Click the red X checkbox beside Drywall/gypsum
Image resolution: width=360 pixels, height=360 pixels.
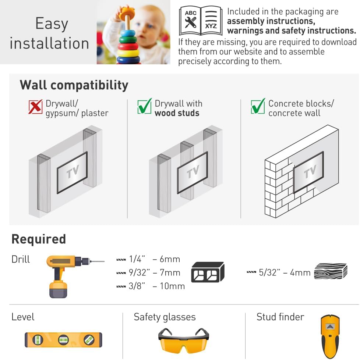click(x=36, y=107)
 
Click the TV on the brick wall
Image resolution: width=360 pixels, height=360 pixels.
click(x=308, y=172)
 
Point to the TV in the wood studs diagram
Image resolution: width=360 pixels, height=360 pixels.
click(x=192, y=172)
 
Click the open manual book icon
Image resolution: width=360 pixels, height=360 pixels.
click(x=201, y=21)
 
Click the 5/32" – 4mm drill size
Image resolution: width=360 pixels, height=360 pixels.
click(x=279, y=273)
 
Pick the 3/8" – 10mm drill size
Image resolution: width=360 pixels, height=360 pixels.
click(x=151, y=286)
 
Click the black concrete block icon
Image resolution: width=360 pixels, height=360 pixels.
click(x=208, y=272)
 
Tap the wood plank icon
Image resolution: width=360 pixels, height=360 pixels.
click(x=331, y=271)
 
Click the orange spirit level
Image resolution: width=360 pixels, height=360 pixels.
click(x=63, y=340)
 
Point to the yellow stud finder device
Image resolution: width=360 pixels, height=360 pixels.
click(x=330, y=335)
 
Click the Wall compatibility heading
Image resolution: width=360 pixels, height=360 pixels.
click(x=74, y=85)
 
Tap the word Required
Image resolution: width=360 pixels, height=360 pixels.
click(x=39, y=239)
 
